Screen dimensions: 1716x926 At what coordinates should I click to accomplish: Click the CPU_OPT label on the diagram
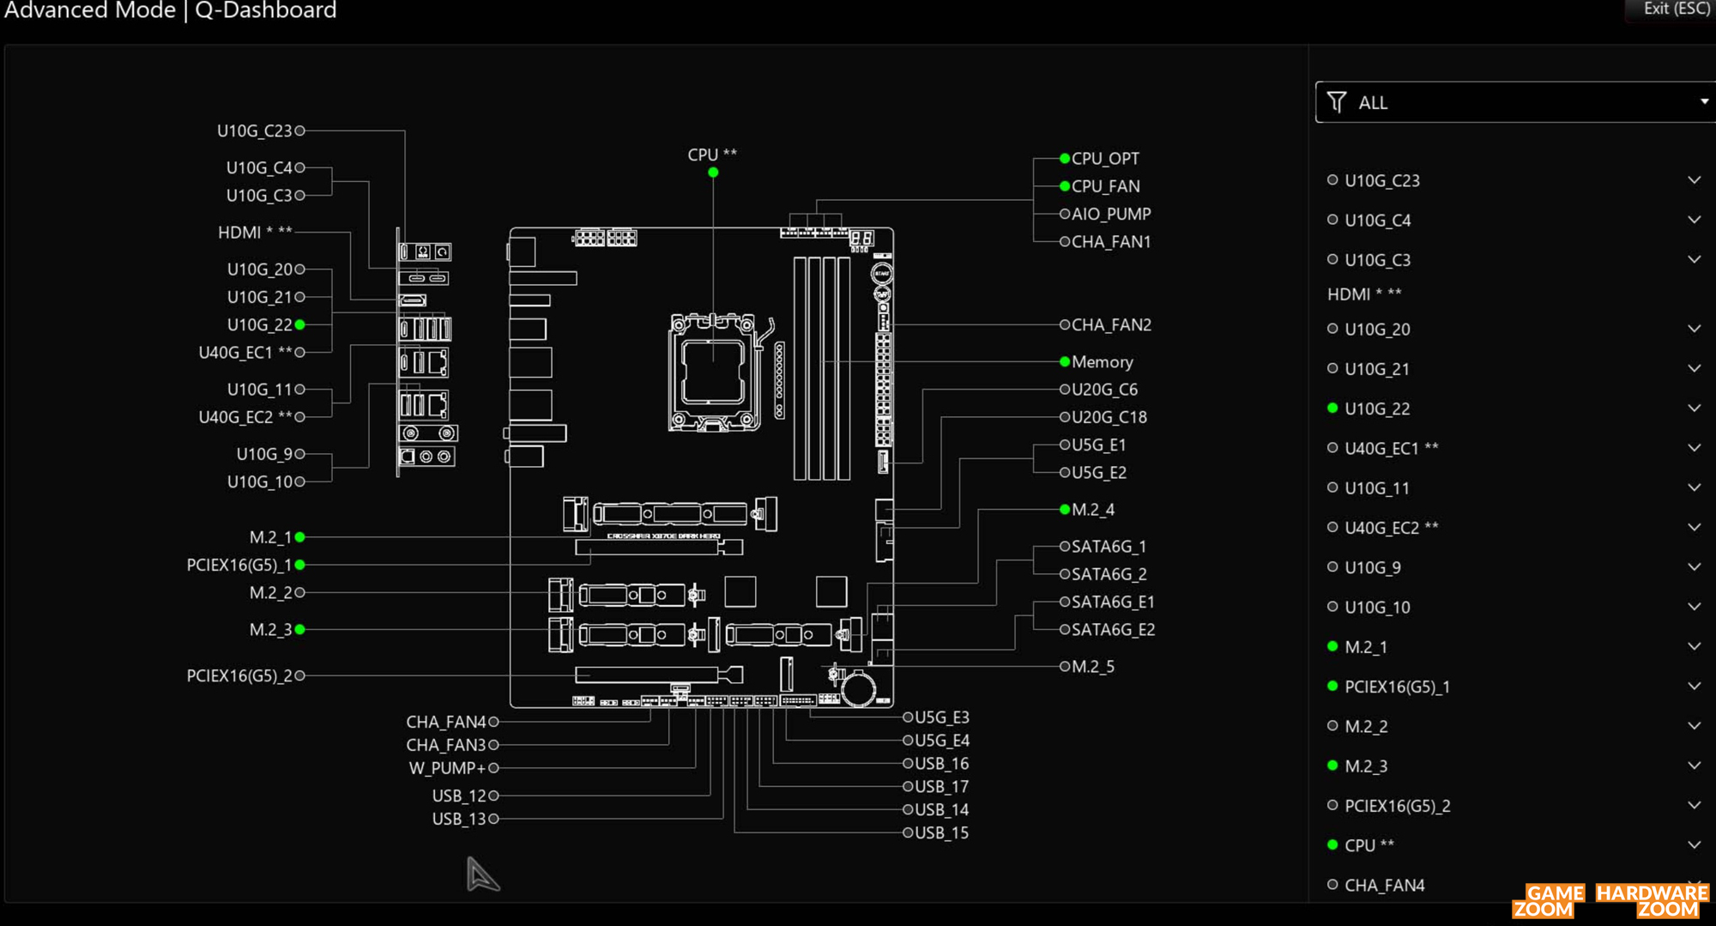[x=1105, y=159]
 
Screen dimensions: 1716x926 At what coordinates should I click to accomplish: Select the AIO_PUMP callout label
[x=1111, y=214]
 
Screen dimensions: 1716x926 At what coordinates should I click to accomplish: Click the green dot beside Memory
[x=1065, y=362]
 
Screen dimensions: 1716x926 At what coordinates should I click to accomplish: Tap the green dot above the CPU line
[x=713, y=172]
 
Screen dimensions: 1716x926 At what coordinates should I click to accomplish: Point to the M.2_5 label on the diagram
[x=1093, y=667]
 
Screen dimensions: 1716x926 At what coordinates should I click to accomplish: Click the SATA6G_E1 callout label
[x=1113, y=602]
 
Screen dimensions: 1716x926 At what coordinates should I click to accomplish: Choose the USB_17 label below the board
[x=941, y=787]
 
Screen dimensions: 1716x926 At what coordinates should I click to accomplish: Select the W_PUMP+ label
[x=447, y=768]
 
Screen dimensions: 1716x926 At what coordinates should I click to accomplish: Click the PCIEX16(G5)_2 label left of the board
[x=239, y=676]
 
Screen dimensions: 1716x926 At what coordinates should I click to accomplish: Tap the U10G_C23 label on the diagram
[x=255, y=131]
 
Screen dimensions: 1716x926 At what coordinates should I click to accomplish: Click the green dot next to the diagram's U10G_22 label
[x=300, y=325]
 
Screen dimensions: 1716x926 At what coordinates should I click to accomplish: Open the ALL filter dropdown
[x=1515, y=102]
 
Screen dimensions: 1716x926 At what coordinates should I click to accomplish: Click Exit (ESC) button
[x=1676, y=9]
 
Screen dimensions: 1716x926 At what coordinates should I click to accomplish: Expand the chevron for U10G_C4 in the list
[x=1694, y=220]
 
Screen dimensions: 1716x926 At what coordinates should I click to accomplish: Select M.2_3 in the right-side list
[x=1366, y=766]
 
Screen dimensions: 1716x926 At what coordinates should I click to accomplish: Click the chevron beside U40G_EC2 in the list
[x=1694, y=527]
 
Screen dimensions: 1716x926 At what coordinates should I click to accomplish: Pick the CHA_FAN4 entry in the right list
[x=1384, y=886]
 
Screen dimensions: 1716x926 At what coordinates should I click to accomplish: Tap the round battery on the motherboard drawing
[x=858, y=687]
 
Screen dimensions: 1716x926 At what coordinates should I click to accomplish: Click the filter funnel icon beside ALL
[x=1336, y=102]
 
